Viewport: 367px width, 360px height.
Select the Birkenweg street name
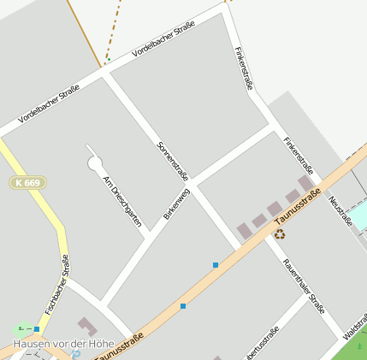click(175, 206)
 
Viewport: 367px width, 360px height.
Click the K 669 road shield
click(28, 182)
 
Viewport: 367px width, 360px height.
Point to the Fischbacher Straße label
click(57, 283)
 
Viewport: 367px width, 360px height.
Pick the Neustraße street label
click(340, 210)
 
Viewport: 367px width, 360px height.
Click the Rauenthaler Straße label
click(304, 286)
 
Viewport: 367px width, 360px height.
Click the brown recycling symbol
click(279, 233)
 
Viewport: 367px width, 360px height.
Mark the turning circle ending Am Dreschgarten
click(95, 162)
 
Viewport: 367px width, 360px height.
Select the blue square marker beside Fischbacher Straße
click(37, 328)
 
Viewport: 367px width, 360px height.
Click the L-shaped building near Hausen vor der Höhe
click(87, 327)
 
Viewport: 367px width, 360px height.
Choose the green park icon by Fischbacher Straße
click(21, 329)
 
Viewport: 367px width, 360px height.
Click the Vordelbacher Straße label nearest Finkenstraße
click(163, 39)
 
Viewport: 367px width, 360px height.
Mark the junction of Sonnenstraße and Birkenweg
click(193, 186)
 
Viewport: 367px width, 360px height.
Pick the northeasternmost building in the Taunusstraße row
click(305, 184)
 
